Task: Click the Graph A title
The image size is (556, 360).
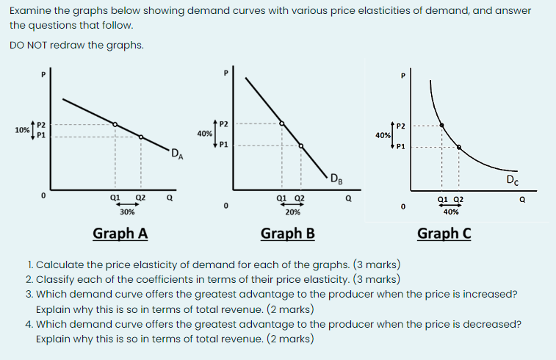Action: [x=120, y=234]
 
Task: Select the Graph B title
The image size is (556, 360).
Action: [x=288, y=234]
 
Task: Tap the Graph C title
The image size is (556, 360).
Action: [x=444, y=234]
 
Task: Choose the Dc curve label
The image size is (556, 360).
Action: [x=512, y=180]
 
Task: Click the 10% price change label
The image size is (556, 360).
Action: [x=21, y=129]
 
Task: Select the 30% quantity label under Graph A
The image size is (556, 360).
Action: [x=127, y=212]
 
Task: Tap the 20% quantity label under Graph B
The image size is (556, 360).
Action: [x=292, y=212]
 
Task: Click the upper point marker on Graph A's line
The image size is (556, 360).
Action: [x=115, y=123]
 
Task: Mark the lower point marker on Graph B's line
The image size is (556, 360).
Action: [x=301, y=145]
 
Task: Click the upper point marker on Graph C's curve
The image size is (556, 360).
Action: [x=441, y=125]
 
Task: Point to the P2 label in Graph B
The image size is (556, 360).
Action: [x=224, y=123]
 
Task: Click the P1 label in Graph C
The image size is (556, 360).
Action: [x=400, y=146]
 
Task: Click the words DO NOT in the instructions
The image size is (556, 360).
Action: [x=28, y=45]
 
